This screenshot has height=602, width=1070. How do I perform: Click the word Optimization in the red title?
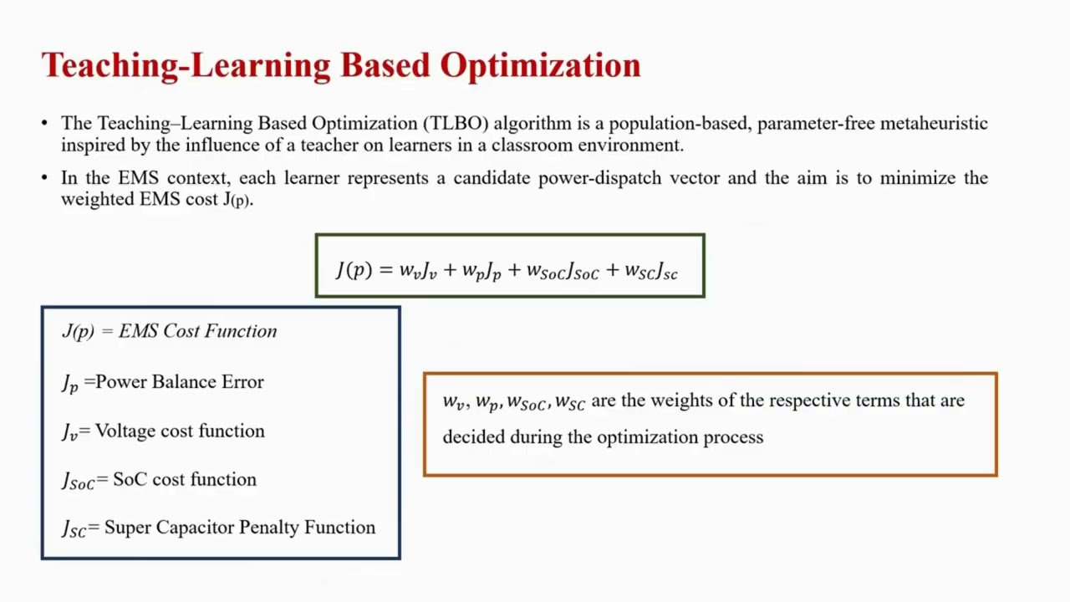(540, 66)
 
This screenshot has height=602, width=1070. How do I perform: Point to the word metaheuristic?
(935, 124)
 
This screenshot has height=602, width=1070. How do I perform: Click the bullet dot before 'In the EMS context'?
(45, 178)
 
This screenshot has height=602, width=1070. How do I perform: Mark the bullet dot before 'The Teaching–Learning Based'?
(45, 124)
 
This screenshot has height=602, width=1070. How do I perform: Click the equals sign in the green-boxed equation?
(385, 269)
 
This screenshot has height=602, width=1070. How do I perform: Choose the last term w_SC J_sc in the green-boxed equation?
(650, 271)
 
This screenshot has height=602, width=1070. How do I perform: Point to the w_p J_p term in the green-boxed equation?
(481, 271)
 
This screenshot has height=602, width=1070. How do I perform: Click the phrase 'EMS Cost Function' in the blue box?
(197, 331)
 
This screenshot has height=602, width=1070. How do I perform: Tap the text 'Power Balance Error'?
(180, 382)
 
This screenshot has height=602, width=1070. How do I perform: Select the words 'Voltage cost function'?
(180, 431)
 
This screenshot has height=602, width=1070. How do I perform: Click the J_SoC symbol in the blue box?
(78, 481)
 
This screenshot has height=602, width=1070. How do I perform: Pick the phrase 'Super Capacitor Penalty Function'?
(240, 528)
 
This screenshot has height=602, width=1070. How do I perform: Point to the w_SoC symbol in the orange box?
(527, 402)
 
